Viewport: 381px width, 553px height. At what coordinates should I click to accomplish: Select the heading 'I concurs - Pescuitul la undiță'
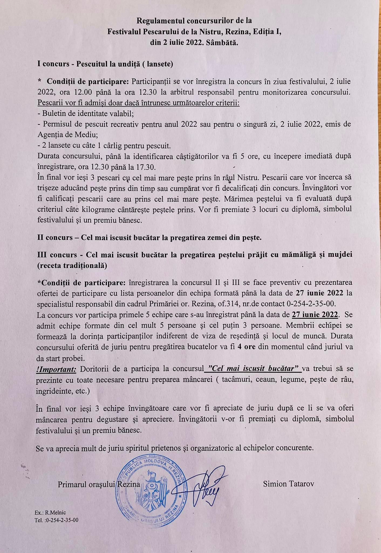click(x=105, y=64)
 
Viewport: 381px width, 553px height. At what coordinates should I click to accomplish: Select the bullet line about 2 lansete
click(x=104, y=146)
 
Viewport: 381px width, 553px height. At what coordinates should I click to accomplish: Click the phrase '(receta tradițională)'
click(x=72, y=265)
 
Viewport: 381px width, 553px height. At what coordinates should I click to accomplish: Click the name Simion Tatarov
click(x=288, y=484)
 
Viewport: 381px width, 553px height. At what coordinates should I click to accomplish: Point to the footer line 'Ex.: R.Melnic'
click(x=50, y=512)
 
